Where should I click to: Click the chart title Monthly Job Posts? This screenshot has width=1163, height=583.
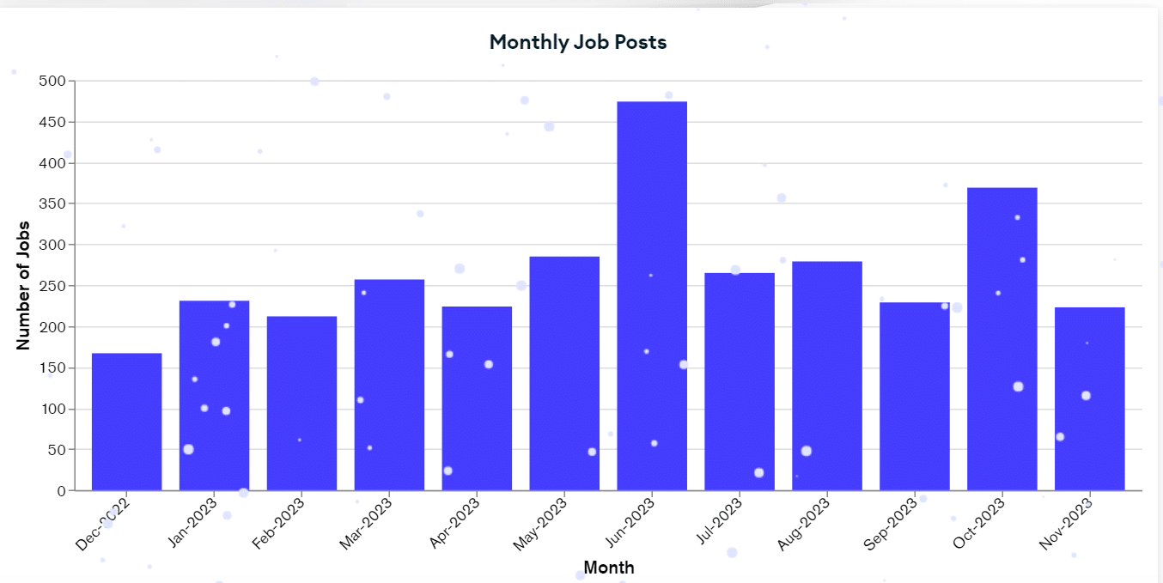tap(577, 42)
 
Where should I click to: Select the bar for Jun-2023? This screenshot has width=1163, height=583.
tap(652, 296)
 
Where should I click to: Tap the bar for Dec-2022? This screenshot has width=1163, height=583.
tap(127, 422)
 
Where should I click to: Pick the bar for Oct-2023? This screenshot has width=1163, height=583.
tap(1002, 339)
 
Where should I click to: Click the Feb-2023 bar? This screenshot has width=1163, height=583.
tap(301, 404)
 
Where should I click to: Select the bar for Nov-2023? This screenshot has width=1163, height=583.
tap(1089, 398)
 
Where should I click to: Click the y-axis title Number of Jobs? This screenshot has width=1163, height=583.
tap(24, 286)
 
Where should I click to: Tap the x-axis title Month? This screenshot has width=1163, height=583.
tap(609, 568)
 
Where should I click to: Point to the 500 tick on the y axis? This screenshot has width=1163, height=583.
tap(53, 82)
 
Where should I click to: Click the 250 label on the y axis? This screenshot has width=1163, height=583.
tap(53, 286)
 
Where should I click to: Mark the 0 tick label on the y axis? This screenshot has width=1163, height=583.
tap(61, 491)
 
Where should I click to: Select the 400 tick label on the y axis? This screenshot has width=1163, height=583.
tap(53, 163)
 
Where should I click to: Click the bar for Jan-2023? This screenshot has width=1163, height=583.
tap(214, 396)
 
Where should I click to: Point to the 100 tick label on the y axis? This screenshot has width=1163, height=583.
tap(53, 410)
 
